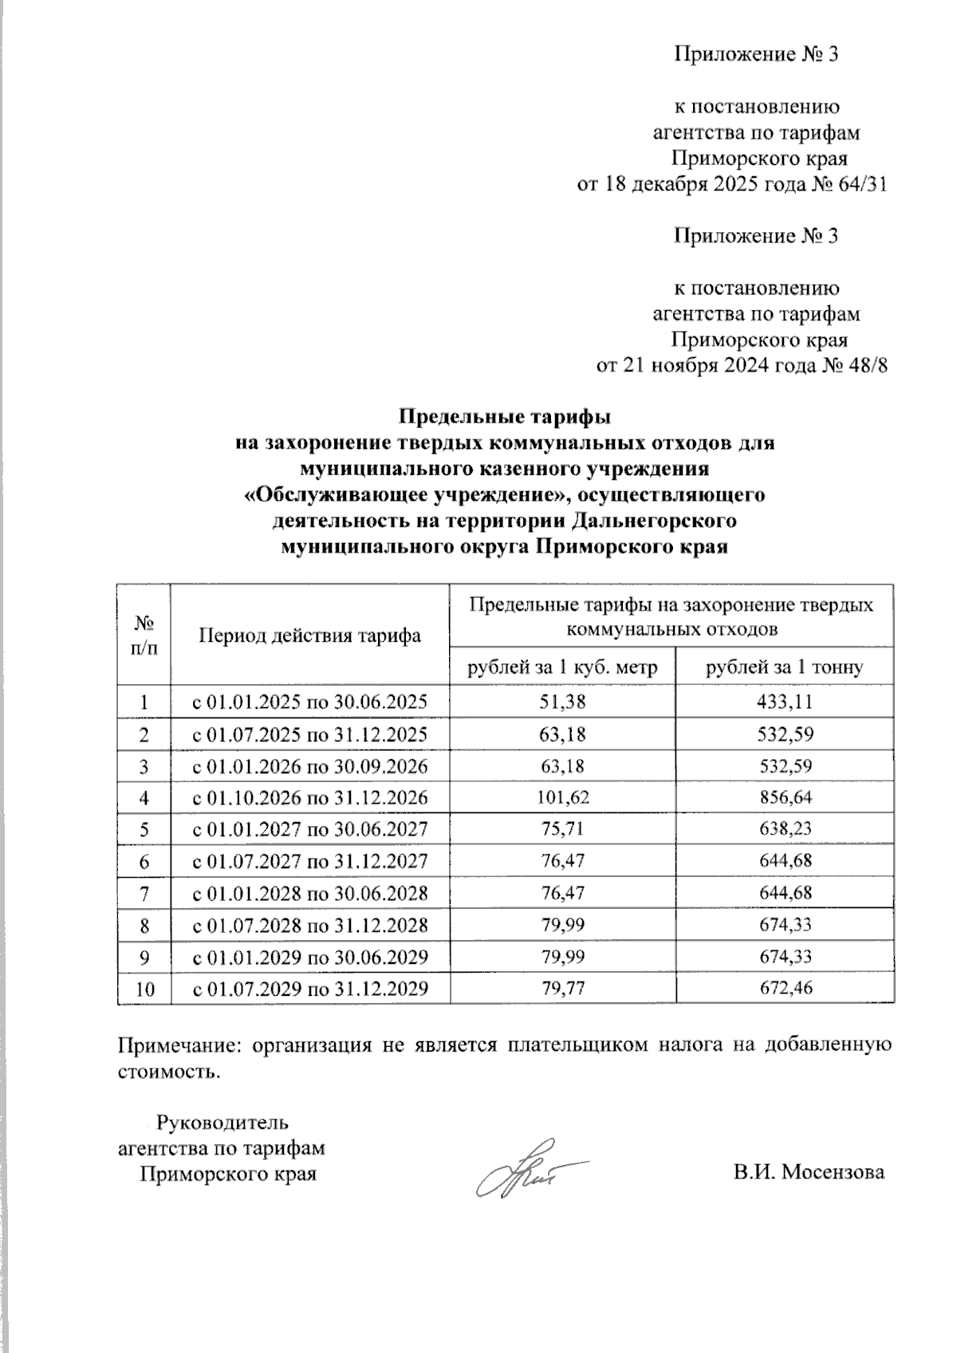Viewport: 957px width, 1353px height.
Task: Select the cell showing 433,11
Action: click(x=784, y=702)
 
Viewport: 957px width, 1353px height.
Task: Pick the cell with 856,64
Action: click(x=784, y=798)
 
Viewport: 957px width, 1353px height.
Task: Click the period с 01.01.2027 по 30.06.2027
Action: click(x=310, y=830)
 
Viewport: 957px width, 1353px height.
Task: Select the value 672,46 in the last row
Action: click(x=784, y=989)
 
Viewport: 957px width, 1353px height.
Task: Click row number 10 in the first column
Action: click(x=144, y=989)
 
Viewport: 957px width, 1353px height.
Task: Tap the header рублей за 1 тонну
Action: click(x=784, y=667)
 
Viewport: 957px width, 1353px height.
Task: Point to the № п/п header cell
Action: click(x=144, y=635)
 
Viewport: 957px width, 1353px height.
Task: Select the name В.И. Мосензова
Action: click(x=809, y=1173)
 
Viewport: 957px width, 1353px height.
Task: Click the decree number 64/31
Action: click(x=864, y=184)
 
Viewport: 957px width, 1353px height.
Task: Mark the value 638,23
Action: click(x=784, y=830)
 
